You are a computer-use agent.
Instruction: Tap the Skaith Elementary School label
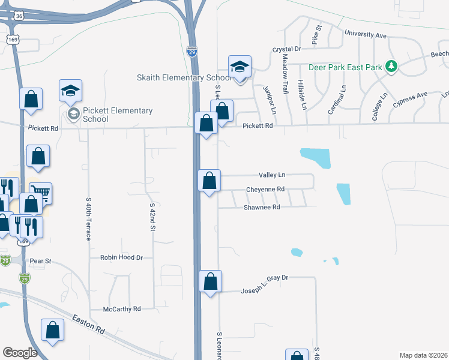coord(184,78)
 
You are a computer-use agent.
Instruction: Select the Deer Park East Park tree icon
coord(391,66)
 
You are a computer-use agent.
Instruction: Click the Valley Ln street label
coord(272,175)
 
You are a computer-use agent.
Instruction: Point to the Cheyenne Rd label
coord(265,190)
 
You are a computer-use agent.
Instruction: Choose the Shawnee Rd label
coord(262,207)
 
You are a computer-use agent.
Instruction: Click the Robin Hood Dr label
coord(121,257)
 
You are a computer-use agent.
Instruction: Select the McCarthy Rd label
coord(122,308)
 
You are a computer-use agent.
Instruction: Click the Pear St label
coord(41,262)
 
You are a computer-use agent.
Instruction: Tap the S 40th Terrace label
coord(88,219)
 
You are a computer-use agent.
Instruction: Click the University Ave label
coord(365,35)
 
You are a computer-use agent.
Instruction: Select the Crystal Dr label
coord(286,49)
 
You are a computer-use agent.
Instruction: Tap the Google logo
coord(20,352)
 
